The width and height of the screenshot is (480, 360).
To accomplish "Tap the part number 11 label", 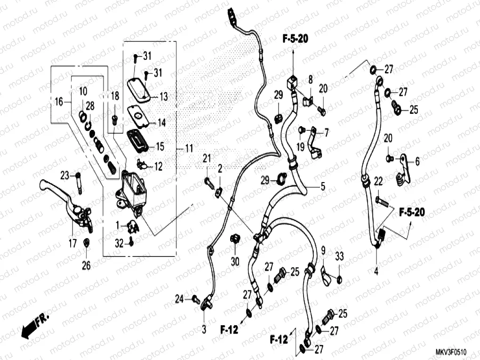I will tap(188, 149).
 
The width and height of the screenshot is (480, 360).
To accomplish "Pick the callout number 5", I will tap(322, 187).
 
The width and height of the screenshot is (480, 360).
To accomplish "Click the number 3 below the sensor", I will tap(204, 330).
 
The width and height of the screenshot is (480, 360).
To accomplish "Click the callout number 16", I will tap(58, 102).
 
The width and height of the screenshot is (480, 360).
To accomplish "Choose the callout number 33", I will tap(339, 256).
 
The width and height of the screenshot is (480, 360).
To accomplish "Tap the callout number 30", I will tap(235, 261).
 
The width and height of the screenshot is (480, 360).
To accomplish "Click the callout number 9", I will tap(323, 250).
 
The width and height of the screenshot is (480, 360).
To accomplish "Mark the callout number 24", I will tap(179, 298).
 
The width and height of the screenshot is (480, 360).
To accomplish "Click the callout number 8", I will tap(310, 80).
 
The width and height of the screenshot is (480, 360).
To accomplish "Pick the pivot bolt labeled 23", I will tap(78, 182).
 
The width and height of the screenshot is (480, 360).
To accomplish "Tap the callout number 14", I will tap(161, 123).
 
